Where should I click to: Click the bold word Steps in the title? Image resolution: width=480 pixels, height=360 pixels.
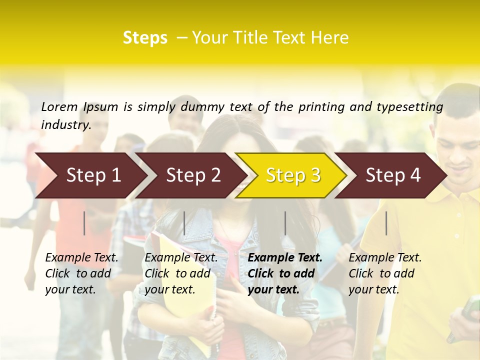click(x=145, y=37)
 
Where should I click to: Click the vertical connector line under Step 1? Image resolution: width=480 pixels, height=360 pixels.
click(x=84, y=223)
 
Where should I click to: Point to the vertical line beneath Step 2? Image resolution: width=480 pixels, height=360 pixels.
click(x=184, y=223)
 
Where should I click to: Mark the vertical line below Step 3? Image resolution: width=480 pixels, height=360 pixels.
click(x=285, y=223)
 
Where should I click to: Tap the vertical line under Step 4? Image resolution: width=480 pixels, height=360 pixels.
click(x=386, y=223)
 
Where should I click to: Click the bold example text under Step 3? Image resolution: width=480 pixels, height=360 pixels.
click(x=285, y=273)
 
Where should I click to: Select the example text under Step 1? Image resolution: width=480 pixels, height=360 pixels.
click(x=81, y=273)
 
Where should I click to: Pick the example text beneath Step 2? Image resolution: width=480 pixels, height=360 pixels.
click(x=181, y=273)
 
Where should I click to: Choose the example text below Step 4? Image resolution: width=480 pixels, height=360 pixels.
click(x=385, y=273)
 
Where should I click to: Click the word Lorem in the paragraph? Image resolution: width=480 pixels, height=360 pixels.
click(x=59, y=106)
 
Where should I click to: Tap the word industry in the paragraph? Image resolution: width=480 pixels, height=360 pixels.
click(x=66, y=124)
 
